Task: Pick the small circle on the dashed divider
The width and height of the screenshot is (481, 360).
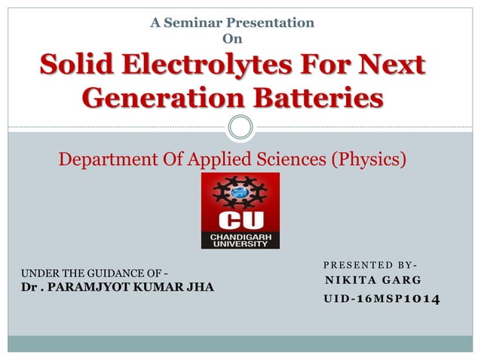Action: [x=240, y=127]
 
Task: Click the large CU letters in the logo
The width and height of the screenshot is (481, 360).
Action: [x=240, y=222]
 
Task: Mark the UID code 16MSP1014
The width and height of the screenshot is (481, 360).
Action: [x=397, y=300]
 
